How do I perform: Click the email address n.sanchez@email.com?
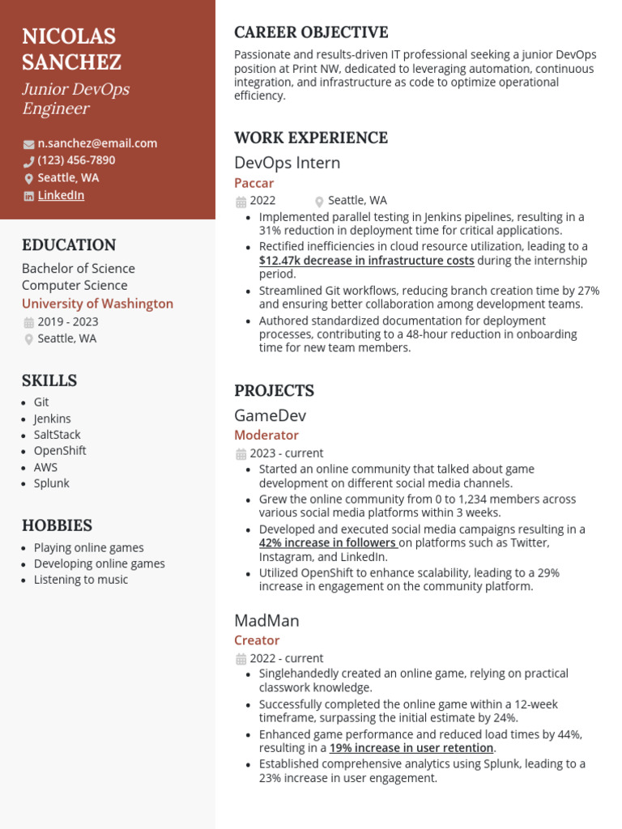(97, 143)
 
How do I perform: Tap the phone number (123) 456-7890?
(76, 160)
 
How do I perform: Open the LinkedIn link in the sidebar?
(61, 195)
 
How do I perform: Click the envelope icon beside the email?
(28, 144)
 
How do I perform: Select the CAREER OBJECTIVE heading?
(311, 32)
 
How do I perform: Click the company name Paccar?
(253, 183)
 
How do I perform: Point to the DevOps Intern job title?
(287, 163)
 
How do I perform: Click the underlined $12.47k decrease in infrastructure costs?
(366, 261)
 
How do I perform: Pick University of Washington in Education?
(97, 304)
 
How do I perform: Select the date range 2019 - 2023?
(68, 321)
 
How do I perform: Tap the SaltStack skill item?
(57, 435)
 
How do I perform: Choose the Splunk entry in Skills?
(51, 483)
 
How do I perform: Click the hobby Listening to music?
(80, 580)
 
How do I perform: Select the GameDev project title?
(270, 416)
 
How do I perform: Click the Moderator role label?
(266, 436)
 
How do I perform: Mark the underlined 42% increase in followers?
(328, 543)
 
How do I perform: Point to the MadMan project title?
(266, 621)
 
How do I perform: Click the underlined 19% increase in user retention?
(411, 748)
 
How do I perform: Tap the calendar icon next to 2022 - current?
(241, 659)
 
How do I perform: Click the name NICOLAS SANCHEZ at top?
(71, 49)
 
